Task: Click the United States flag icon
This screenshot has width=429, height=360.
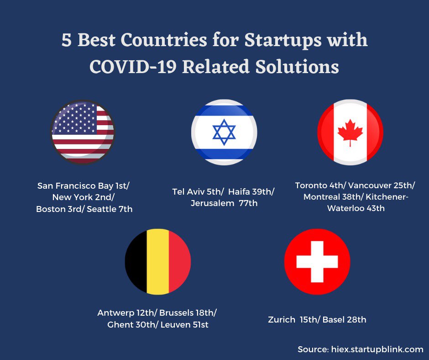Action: coord(83,132)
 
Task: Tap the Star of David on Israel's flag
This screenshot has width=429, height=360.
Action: coord(224,132)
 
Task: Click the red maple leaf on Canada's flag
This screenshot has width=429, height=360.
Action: coord(350,132)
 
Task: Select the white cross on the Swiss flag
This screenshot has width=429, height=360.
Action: coord(317,262)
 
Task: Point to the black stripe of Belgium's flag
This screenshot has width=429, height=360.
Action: coord(137,262)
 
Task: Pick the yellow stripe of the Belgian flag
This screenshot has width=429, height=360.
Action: coord(157,262)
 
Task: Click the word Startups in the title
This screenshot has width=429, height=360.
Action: coord(283,41)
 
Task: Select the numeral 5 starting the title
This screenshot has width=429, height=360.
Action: coord(67,40)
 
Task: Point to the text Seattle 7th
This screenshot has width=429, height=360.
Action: coord(110,209)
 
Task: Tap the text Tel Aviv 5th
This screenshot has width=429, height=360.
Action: coord(196,192)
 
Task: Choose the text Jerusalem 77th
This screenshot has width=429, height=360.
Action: coord(224,203)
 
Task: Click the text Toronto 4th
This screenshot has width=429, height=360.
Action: coord(319,185)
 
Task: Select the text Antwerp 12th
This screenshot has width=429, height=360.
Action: coord(126,313)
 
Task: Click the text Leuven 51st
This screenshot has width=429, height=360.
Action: coord(184,325)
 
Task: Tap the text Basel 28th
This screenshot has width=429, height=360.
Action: coord(344,320)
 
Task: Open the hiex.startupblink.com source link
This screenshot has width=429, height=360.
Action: coord(377,349)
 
